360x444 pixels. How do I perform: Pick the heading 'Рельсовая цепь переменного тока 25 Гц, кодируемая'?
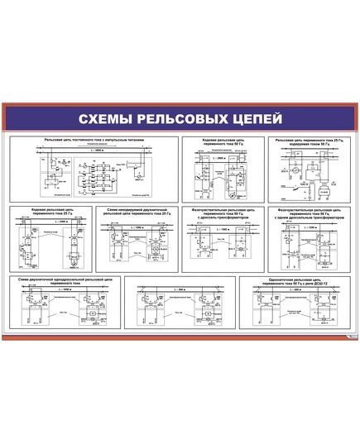tap(308, 142)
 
